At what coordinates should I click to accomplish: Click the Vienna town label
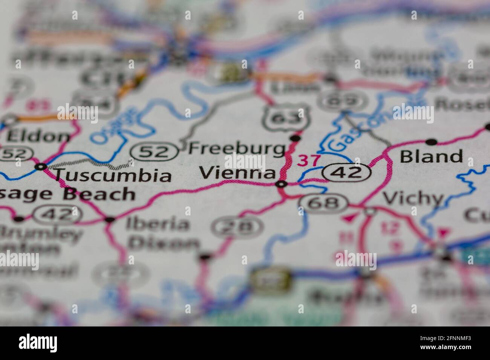237,173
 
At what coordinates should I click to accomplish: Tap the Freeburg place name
237,149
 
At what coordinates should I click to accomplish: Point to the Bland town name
431,156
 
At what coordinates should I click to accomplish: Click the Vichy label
413,198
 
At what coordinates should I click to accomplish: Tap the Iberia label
158,224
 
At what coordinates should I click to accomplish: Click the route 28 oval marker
237,227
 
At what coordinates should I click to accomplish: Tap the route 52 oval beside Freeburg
155,151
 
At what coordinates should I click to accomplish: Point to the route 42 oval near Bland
346,173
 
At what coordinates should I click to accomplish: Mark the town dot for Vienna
281,184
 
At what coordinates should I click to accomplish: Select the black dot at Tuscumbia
41,166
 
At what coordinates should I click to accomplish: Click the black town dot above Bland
431,142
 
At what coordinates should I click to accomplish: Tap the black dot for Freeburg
296,139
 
